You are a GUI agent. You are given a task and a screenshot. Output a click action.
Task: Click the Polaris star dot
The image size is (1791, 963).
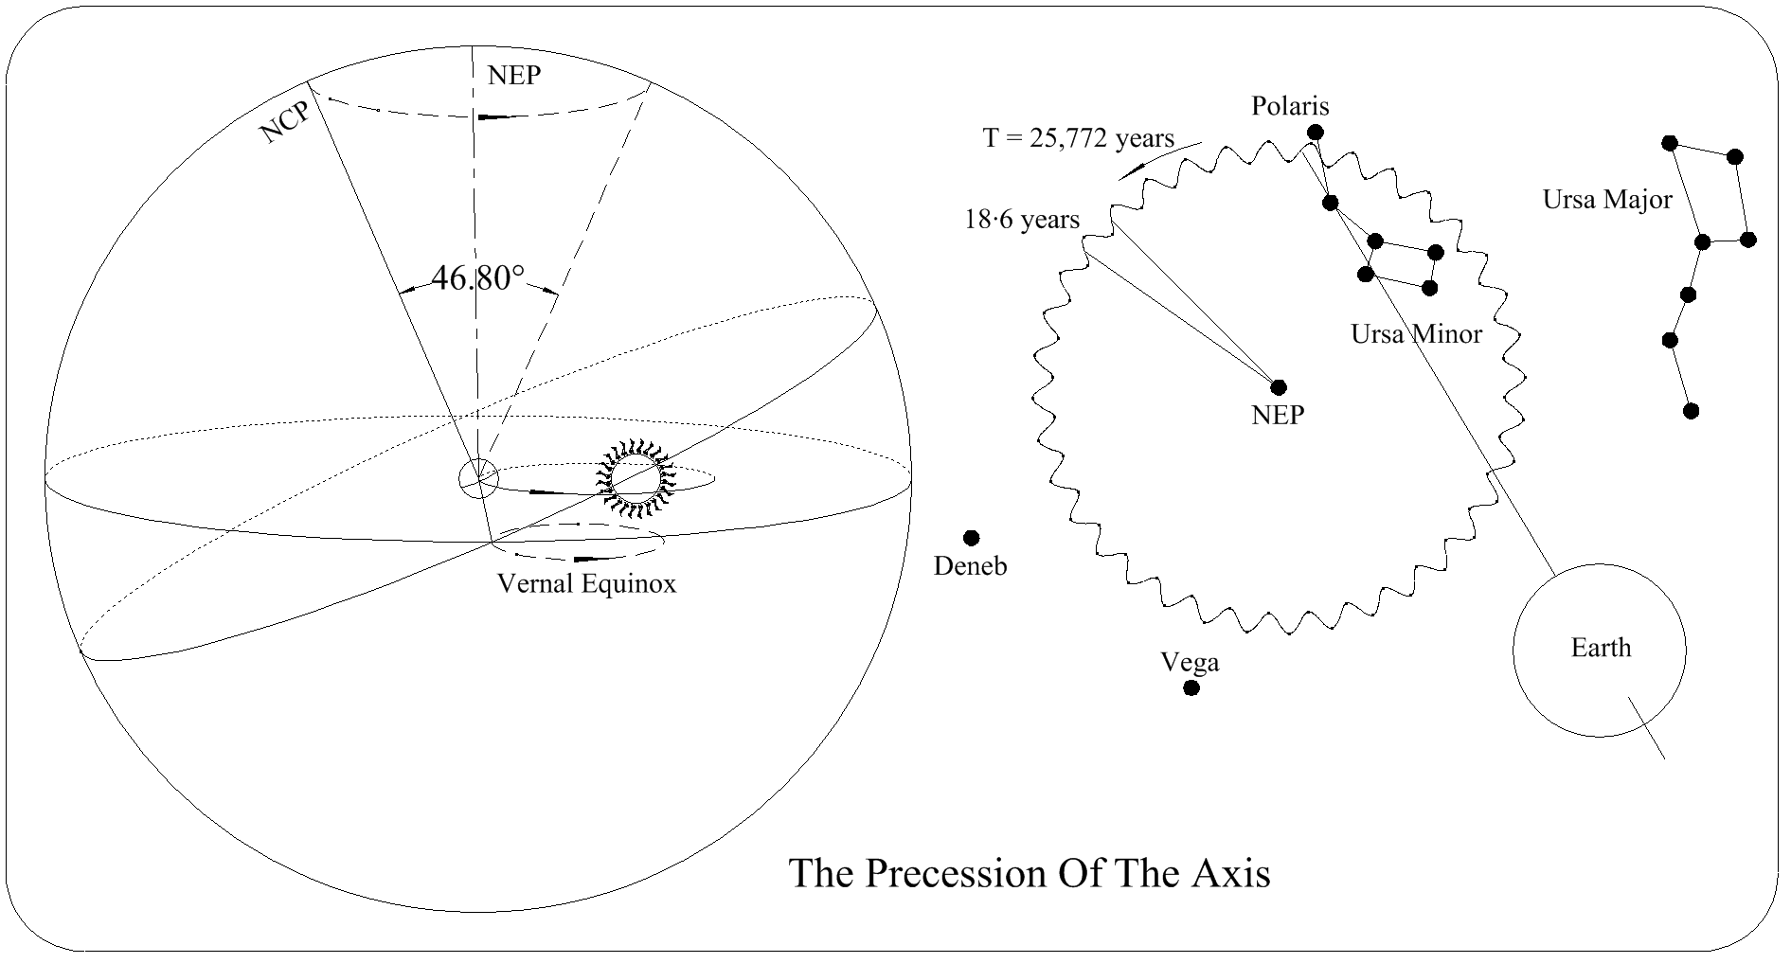coord(1315,133)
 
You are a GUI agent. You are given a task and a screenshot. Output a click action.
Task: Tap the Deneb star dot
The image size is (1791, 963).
coord(971,538)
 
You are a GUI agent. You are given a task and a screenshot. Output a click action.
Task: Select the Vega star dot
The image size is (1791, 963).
coord(1191,687)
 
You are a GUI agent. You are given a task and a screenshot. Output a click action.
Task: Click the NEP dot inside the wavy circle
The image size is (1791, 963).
coord(1279,386)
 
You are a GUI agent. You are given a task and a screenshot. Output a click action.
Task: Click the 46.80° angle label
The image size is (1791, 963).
coord(477,277)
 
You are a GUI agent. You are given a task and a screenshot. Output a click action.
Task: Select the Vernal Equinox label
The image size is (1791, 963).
coord(587,583)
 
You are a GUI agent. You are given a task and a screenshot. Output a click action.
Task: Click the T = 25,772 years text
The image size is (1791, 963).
coord(1078,138)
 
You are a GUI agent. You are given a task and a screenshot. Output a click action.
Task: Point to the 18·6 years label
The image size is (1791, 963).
coord(1022,220)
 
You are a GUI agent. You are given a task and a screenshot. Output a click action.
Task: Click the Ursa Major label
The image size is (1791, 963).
coord(1607,200)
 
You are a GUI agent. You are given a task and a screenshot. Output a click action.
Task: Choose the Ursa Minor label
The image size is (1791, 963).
coord(1416,333)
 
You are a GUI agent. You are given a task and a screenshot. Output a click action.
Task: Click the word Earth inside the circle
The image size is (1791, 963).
coord(1601,648)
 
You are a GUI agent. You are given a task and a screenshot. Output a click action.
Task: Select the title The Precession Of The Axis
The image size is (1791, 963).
coord(1030,872)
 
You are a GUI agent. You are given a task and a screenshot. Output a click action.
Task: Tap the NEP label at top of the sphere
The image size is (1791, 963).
coord(514,76)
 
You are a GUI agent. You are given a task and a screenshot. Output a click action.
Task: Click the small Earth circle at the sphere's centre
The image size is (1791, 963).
coord(478,478)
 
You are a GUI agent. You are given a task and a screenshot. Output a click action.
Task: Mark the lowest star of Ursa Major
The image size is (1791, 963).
coord(1691,410)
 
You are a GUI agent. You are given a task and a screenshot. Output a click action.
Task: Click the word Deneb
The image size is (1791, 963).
coord(970,566)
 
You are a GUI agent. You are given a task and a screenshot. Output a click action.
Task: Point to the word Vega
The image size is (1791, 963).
coord(1191,662)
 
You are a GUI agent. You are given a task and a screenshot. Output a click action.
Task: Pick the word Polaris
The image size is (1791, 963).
coord(1290,106)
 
